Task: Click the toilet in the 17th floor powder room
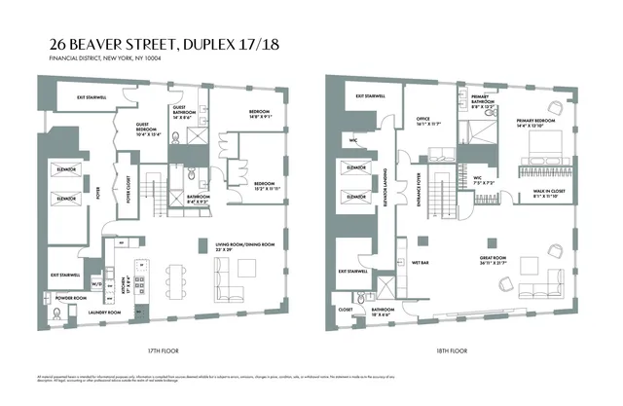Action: pyautogui.click(x=58, y=313)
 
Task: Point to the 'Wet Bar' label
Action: pyautogui.click(x=421, y=262)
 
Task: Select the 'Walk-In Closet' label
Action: pyautogui.click(x=534, y=194)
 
